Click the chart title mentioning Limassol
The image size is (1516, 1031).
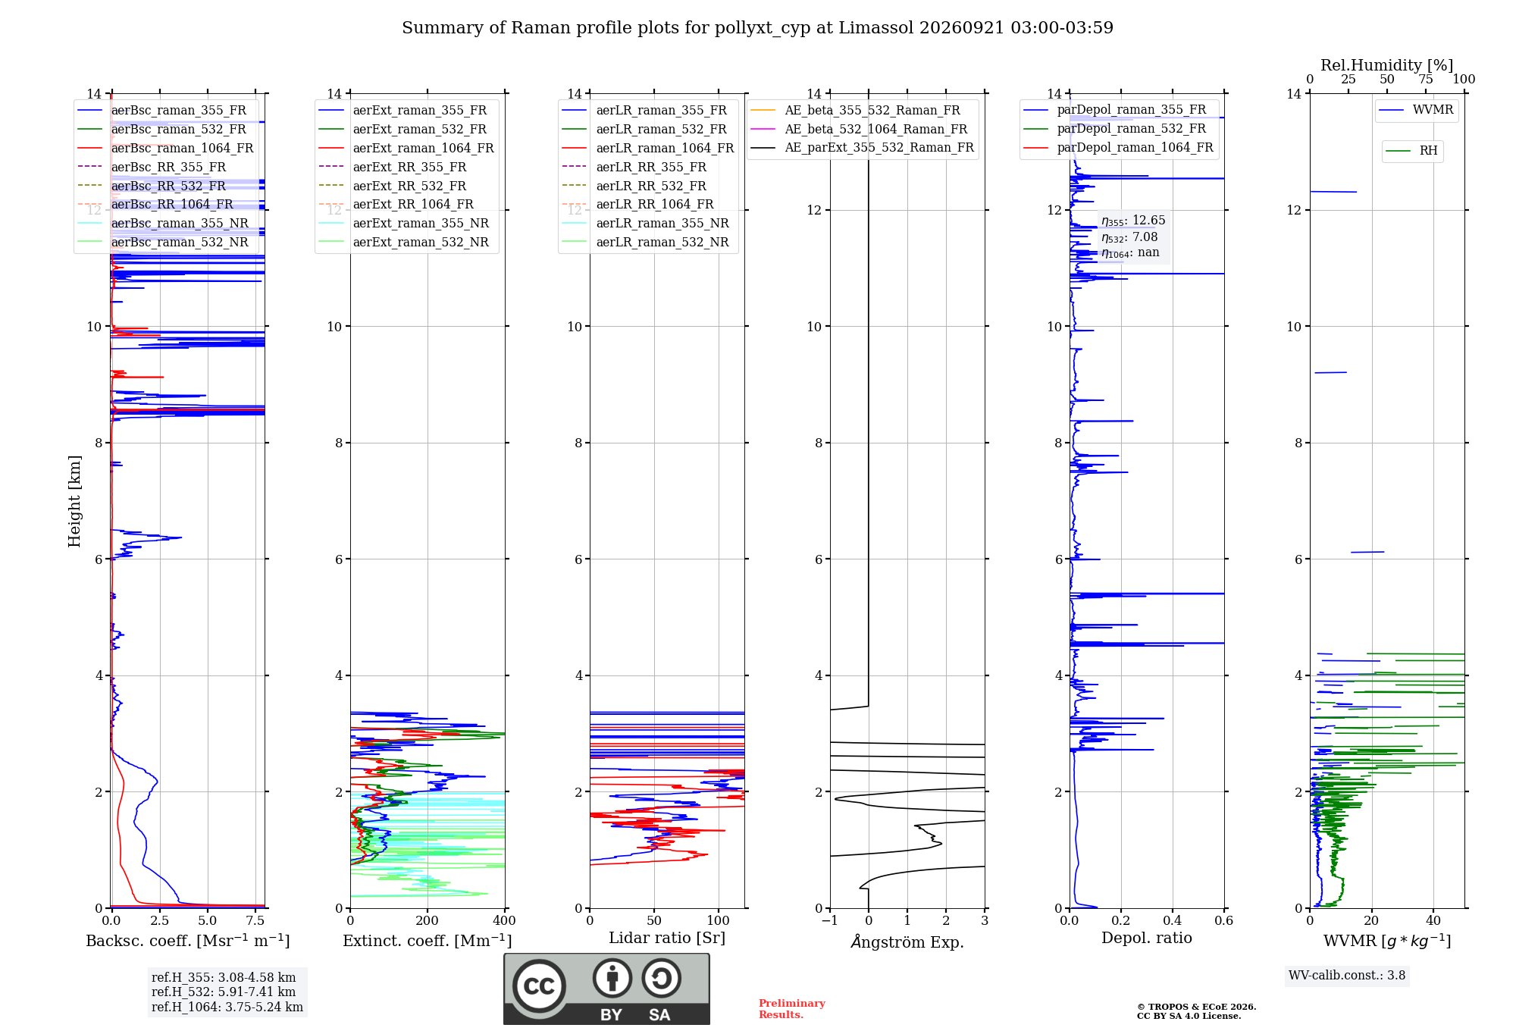(757, 28)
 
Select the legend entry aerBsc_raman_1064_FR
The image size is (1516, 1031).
(182, 148)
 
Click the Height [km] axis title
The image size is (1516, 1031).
(74, 501)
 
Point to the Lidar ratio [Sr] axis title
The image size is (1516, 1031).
(667, 938)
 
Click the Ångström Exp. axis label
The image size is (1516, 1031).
(907, 942)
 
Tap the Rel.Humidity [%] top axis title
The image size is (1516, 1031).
(1387, 65)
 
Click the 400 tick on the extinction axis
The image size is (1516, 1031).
(504, 920)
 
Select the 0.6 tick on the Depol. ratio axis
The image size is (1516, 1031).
(1223, 920)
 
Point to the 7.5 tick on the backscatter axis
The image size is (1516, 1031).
(255, 920)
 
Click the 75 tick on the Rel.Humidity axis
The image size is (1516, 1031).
(1426, 80)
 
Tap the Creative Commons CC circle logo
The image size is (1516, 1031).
(539, 986)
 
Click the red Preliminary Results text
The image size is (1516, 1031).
(792, 1009)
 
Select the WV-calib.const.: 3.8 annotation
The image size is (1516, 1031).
(1347, 976)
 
